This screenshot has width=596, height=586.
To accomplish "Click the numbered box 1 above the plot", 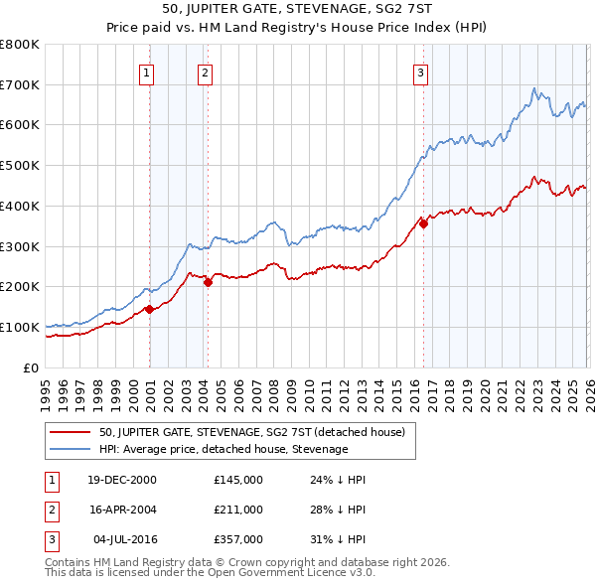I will pos(146,72).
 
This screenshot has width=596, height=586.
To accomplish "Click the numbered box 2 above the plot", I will pos(205,72).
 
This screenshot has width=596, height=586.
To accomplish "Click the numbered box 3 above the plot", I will pos(420,72).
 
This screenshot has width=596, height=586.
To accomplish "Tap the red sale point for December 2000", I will pos(149,309).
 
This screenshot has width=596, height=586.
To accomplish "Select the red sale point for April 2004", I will pos(208,282).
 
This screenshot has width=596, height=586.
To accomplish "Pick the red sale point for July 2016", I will pos(423,223).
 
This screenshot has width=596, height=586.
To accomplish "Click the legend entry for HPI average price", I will pos(223,449).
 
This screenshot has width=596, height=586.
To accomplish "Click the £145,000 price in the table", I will pos(237,480).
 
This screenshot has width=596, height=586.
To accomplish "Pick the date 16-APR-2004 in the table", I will pos(122,510).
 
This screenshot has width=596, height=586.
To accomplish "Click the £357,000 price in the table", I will pos(237,539).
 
